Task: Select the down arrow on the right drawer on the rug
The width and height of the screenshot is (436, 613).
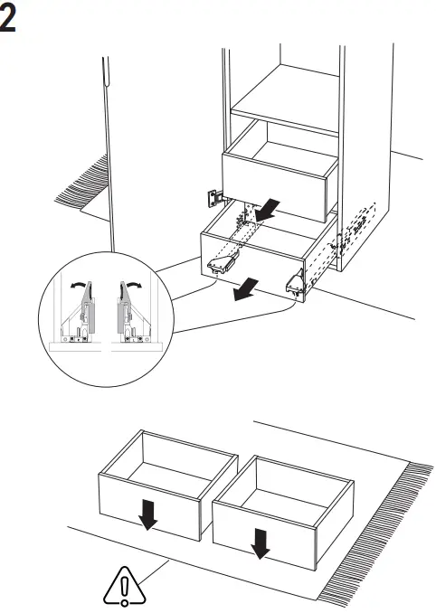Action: (x=261, y=542)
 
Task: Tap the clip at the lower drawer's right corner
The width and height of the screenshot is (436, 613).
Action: (x=295, y=283)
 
